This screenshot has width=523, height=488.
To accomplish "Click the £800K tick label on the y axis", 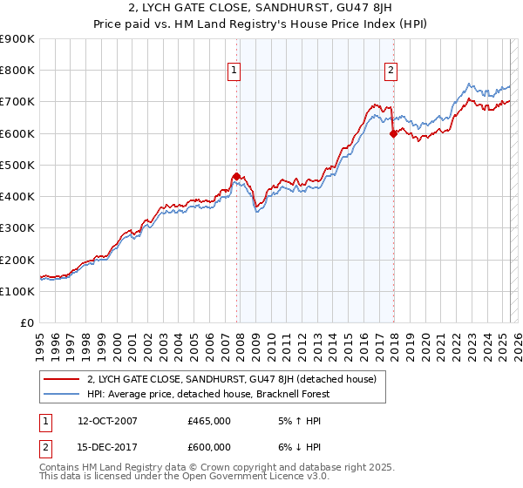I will click(17, 71).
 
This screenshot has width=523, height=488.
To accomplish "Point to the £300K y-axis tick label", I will click(17, 228).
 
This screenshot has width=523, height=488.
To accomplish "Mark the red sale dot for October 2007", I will click(236, 176).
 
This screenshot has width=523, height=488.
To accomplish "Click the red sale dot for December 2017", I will click(393, 133).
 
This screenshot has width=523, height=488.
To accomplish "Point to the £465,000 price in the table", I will click(208, 421).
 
